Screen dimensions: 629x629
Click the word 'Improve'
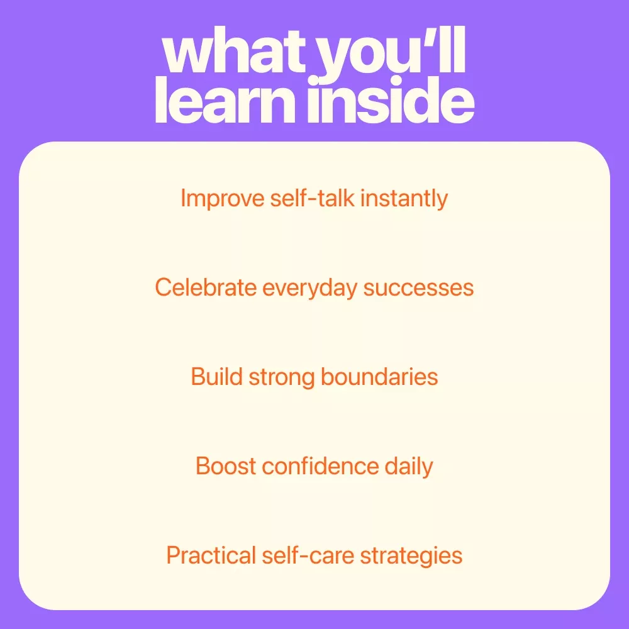[x=223, y=199]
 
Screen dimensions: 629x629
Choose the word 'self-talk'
[x=313, y=198]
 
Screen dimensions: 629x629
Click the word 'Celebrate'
[x=206, y=287]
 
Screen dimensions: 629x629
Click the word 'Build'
[x=216, y=377]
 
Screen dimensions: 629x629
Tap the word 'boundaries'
[x=379, y=377]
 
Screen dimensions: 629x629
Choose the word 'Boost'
[x=225, y=466]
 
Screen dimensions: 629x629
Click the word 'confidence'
[x=320, y=466]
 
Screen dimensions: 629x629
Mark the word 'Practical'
[x=211, y=555]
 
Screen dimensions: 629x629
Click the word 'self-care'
[x=308, y=555]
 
